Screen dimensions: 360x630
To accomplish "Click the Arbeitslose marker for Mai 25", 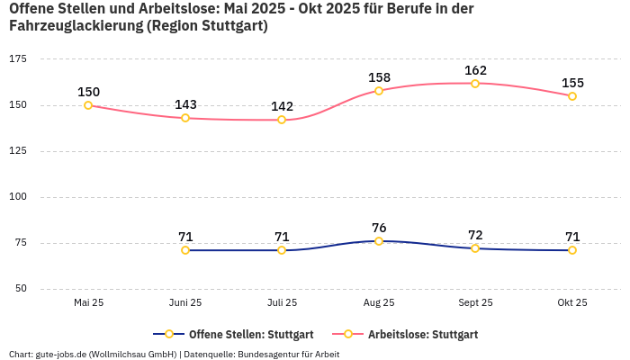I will [88, 105].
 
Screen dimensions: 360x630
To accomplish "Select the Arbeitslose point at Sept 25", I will [475, 84].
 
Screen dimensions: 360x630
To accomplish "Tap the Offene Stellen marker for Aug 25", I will [379, 241].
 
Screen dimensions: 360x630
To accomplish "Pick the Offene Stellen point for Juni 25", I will [185, 250].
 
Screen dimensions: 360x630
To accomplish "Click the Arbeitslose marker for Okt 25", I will [572, 96].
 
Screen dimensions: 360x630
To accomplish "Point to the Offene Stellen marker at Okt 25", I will [572, 250].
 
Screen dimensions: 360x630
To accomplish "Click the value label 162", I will [475, 70].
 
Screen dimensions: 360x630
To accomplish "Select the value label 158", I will [379, 77].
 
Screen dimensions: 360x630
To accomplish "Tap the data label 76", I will [379, 228].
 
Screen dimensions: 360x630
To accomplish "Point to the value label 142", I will [282, 106].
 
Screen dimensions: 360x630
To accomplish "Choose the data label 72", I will [475, 235].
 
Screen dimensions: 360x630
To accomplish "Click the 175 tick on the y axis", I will [18, 58].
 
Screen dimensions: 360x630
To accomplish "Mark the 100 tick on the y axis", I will [18, 196].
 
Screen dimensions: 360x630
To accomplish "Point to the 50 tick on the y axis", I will [21, 289].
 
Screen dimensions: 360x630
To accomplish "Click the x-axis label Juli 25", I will [282, 303].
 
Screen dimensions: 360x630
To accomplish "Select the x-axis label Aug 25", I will [379, 303].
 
